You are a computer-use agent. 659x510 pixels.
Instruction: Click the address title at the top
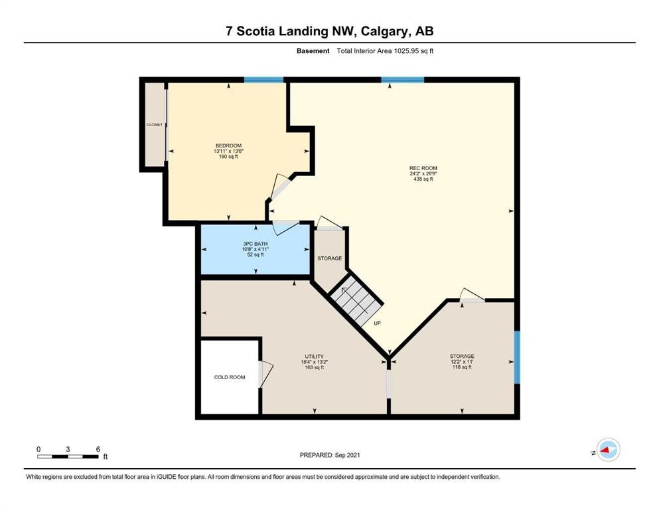pyautogui.click(x=329, y=32)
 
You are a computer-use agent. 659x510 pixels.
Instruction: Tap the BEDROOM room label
pyautogui.click(x=228, y=151)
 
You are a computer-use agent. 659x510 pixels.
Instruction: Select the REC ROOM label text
pyautogui.click(x=423, y=173)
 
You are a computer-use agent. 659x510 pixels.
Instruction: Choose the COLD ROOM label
pyautogui.click(x=229, y=377)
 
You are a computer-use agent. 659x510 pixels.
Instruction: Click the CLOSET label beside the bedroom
pyautogui.click(x=154, y=125)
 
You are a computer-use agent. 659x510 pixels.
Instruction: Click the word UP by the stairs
pyautogui.click(x=376, y=323)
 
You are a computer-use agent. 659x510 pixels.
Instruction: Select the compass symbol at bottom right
pyautogui.click(x=607, y=451)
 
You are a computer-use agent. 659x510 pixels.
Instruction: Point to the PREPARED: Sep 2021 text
pyautogui.click(x=329, y=455)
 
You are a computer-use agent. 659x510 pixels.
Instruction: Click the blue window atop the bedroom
pyautogui.click(x=263, y=80)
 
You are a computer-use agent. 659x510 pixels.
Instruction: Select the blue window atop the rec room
pyautogui.click(x=402, y=80)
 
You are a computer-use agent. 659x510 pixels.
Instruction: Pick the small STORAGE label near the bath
pyautogui.click(x=329, y=258)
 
